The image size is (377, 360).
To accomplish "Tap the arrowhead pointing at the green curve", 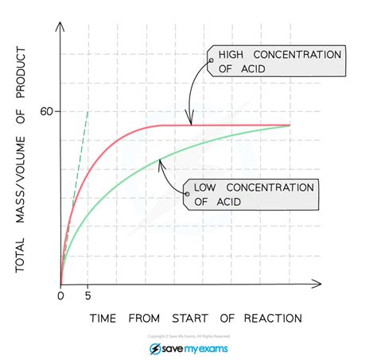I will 160,161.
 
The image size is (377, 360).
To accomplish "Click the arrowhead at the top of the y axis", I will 61,20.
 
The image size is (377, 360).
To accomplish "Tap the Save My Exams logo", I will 188,349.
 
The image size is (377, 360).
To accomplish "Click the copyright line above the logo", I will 188,336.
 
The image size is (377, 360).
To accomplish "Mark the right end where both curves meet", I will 289,126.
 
